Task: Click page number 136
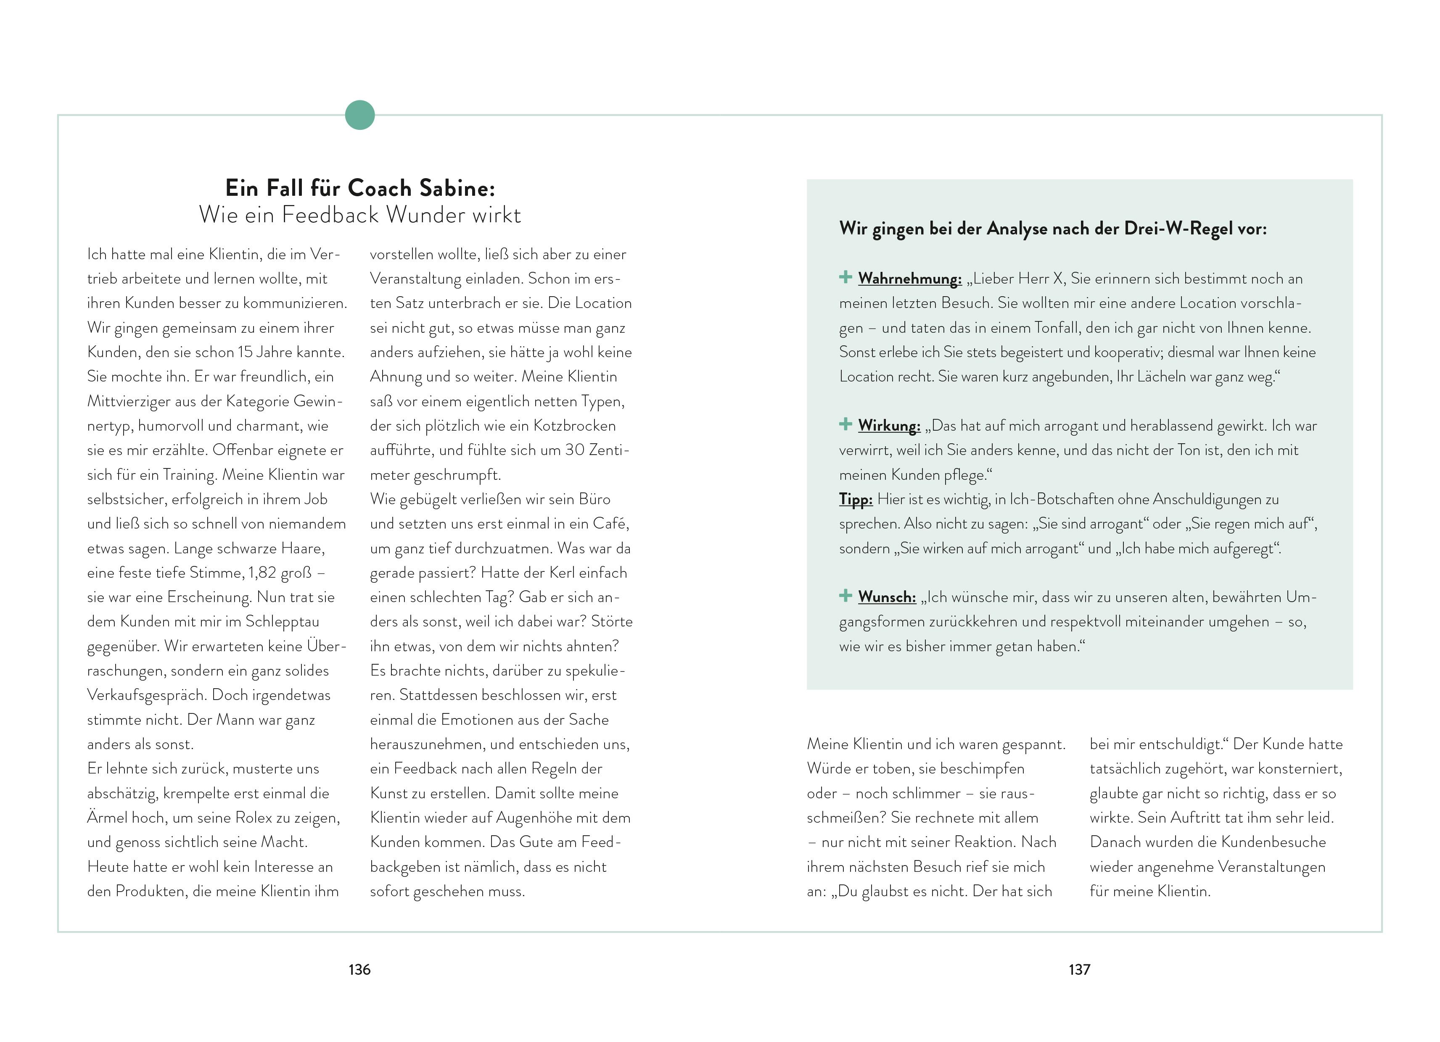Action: [x=359, y=970]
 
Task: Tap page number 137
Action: [x=1079, y=970]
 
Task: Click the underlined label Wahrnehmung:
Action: [x=909, y=279]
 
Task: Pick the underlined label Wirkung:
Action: [x=889, y=426]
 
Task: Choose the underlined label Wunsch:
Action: [x=887, y=597]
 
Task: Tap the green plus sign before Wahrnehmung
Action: [x=845, y=277]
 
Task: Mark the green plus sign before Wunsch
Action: [x=845, y=595]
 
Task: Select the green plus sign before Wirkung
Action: [x=845, y=424]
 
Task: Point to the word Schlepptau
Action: [x=282, y=622]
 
